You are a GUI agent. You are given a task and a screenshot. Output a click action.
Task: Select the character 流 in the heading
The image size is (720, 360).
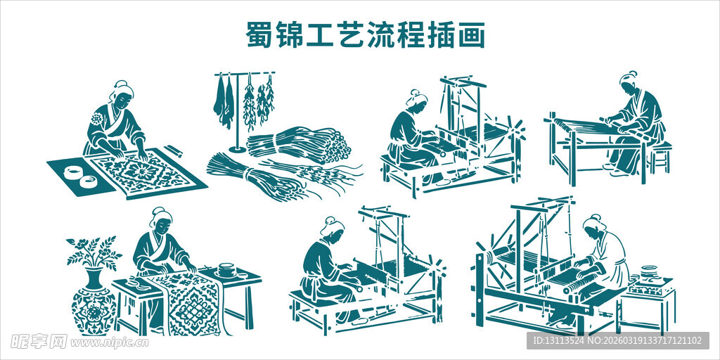(x=380, y=34)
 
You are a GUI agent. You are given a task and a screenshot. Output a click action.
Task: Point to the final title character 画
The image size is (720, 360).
(x=471, y=34)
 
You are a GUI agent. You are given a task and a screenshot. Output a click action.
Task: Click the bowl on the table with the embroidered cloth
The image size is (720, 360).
(x=226, y=269)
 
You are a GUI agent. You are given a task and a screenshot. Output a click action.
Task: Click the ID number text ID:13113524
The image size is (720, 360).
(x=563, y=341)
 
